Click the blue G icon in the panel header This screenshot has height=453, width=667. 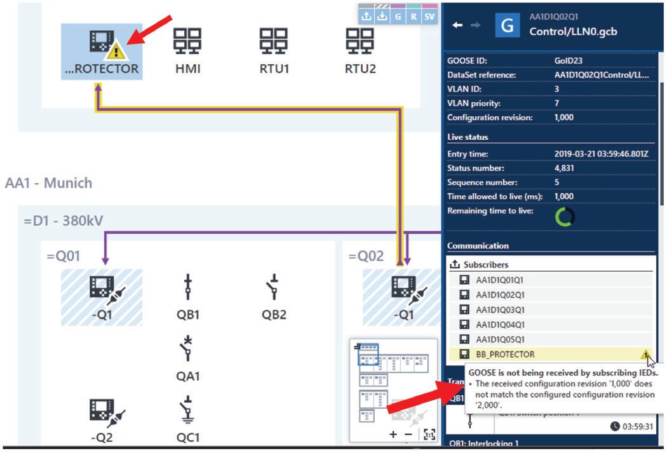click(x=507, y=25)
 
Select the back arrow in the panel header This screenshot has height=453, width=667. click(x=457, y=25)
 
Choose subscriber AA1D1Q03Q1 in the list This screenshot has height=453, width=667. click(x=500, y=309)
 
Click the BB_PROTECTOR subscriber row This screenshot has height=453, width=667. click(x=505, y=354)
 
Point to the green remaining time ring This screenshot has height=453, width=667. click(x=564, y=217)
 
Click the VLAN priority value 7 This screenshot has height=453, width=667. click(x=557, y=103)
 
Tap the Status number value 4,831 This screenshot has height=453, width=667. click(x=565, y=168)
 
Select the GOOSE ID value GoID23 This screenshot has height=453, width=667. click(x=567, y=61)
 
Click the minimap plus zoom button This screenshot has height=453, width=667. click(x=393, y=434)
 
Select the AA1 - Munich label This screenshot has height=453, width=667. click(x=48, y=183)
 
